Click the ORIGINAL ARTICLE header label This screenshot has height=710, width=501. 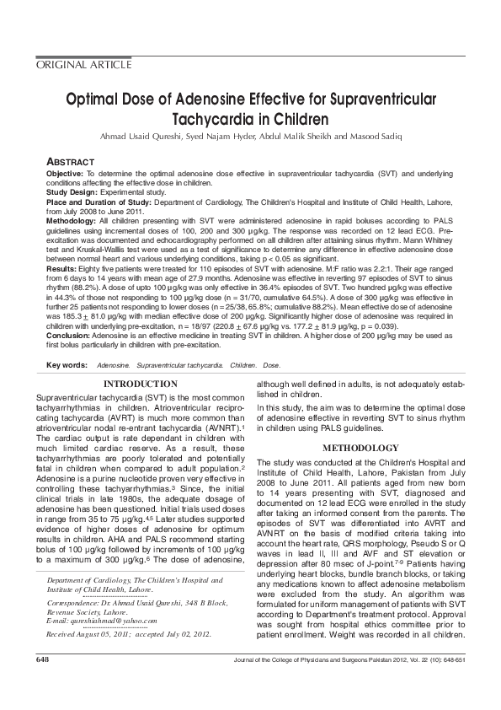click(x=83, y=65)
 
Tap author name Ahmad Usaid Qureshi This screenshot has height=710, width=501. click(x=147, y=137)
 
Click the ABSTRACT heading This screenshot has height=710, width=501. click(x=70, y=161)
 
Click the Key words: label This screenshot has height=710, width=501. click(x=67, y=365)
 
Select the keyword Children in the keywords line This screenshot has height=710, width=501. click(x=243, y=365)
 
